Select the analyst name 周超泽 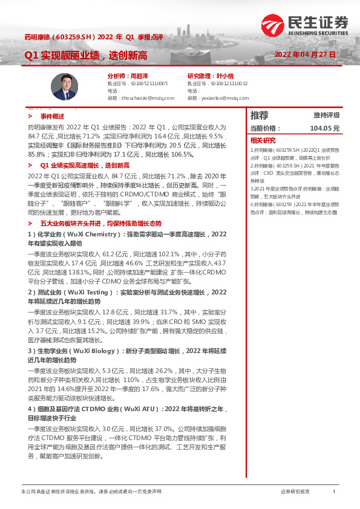coord(140,76)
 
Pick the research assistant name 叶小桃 coord(224,76)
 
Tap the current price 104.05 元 coord(324,128)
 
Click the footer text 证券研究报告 coord(295,491)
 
